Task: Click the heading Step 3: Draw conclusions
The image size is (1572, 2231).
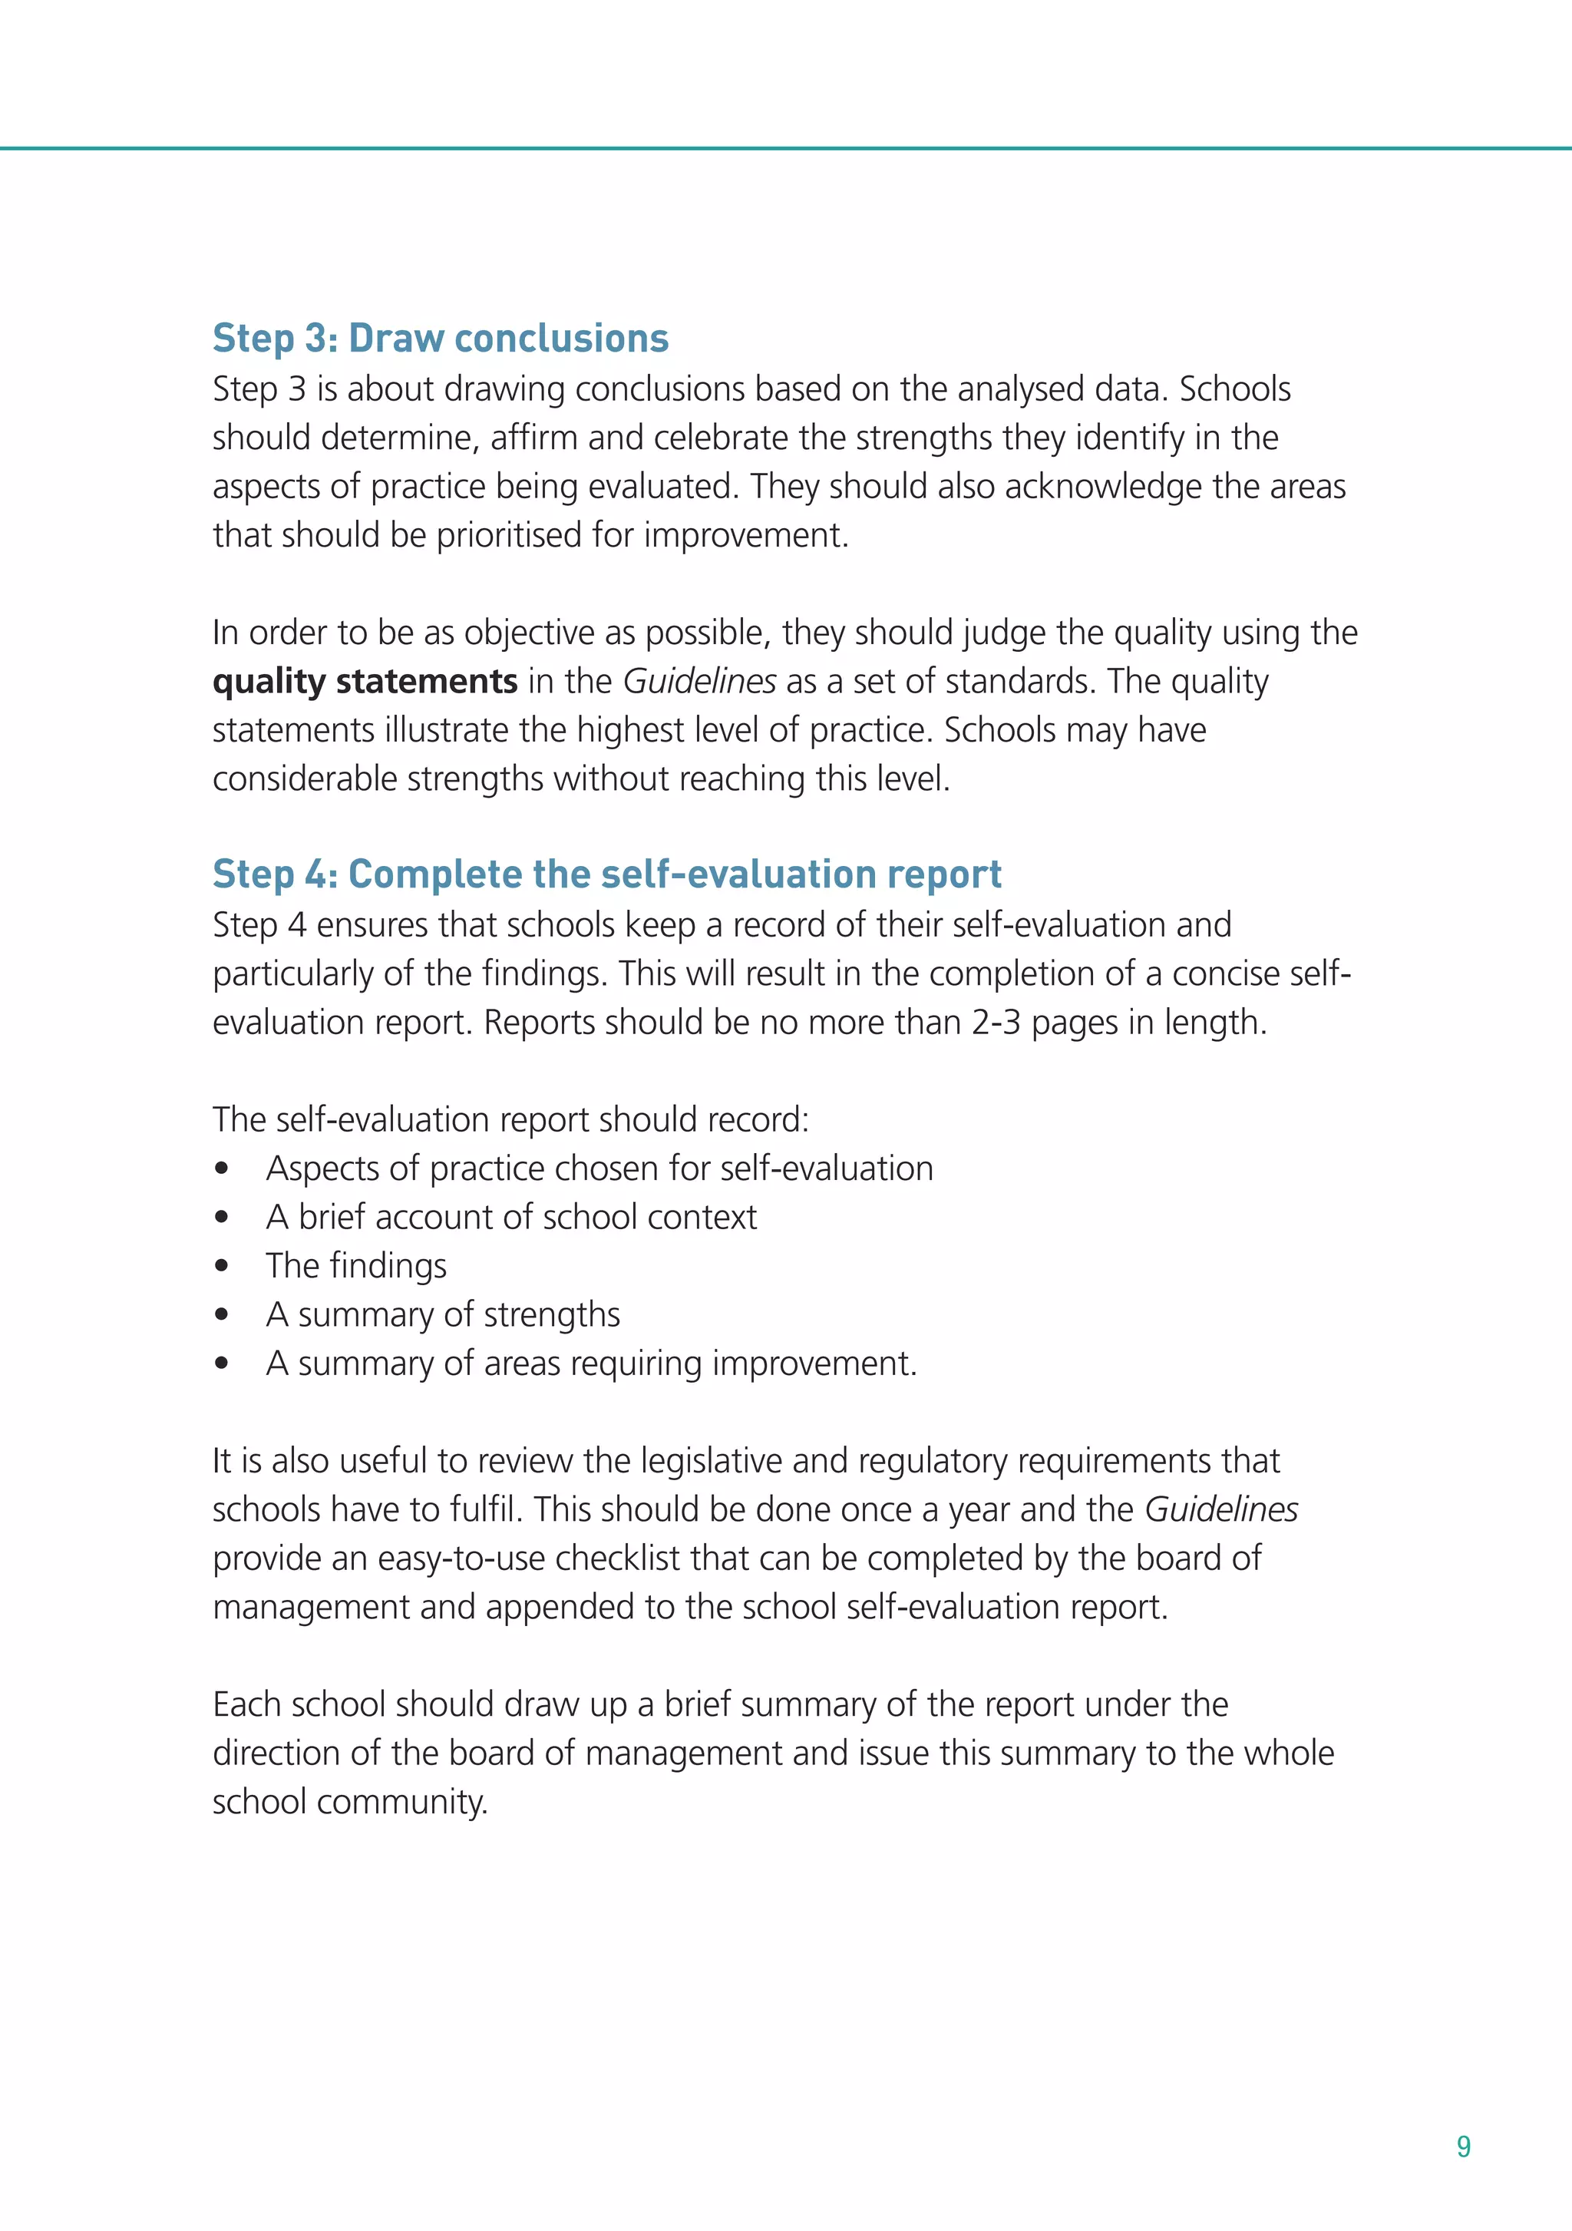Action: pyautogui.click(x=440, y=338)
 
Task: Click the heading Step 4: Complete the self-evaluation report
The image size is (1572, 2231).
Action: pyautogui.click(x=606, y=874)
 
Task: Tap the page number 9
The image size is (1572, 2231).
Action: pyautogui.click(x=1463, y=2147)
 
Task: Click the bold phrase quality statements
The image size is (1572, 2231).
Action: pyautogui.click(x=365, y=681)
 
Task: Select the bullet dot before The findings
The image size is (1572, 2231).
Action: pyautogui.click(x=223, y=1266)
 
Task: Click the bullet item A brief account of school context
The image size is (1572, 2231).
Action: pyautogui.click(x=511, y=1217)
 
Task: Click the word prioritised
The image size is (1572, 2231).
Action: pyautogui.click(x=531, y=535)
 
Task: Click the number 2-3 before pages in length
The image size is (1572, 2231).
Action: pyautogui.click(x=996, y=1022)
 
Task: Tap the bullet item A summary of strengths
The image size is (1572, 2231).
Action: pyautogui.click(x=443, y=1314)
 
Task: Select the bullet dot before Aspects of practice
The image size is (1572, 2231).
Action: pyautogui.click(x=223, y=1169)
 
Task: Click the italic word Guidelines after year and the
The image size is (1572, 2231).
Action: pyautogui.click(x=1220, y=1509)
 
